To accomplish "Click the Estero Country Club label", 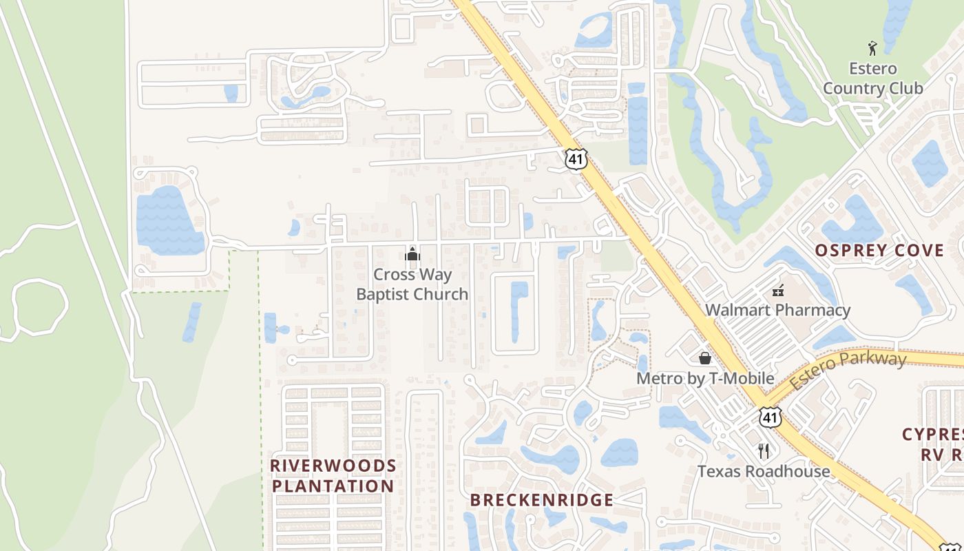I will coord(872,79).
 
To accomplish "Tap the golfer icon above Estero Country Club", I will coord(872,48).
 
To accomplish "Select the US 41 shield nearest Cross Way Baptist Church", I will coord(576,159).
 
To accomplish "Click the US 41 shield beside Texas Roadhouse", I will coord(770,417).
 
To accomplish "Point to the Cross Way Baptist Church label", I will coord(412,284).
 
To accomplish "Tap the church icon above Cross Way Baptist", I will coord(412,254).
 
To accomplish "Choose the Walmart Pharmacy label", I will coord(777,310).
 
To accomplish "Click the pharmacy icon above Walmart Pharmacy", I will coord(778,291).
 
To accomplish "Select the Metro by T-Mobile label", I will coord(705,378).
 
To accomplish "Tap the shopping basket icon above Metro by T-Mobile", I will coord(704,358).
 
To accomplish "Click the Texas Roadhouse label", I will coord(764,471).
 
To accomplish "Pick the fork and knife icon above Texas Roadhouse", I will coord(763,451).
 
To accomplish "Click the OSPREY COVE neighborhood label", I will coord(880,250).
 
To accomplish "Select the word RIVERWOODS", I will coord(333,466).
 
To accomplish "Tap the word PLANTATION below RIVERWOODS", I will coord(333,486).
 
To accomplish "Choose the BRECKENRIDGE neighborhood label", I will coord(542,500).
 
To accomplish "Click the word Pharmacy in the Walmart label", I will coord(812,310).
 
